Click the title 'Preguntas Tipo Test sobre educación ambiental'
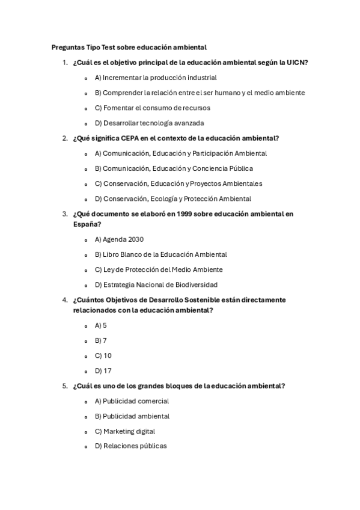pos(129,47)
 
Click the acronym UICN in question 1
pos(298,63)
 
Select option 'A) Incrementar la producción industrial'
pos(155,78)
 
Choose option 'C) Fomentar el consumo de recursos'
pos(152,108)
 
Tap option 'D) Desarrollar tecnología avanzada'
pos(149,123)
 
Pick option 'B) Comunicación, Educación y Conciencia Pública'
pos(173,168)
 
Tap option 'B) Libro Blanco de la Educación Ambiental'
pos(160,254)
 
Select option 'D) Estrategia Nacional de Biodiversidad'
pos(156,284)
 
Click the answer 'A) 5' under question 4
pos(100,325)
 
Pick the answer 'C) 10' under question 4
pos(103,355)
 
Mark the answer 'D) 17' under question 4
pos(103,371)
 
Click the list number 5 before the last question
pos(64,386)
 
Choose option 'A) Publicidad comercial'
pos(132,401)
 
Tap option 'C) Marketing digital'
pos(124,431)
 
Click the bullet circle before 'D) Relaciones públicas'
pos(87,447)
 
